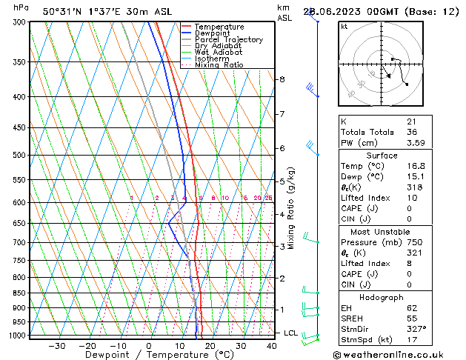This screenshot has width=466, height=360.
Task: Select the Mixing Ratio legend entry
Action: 219,65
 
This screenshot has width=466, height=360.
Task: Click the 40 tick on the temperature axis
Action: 272,346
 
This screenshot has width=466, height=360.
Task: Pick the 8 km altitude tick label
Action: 282,79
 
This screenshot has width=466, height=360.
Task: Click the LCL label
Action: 290,333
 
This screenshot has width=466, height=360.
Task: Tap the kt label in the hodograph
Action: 344,27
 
